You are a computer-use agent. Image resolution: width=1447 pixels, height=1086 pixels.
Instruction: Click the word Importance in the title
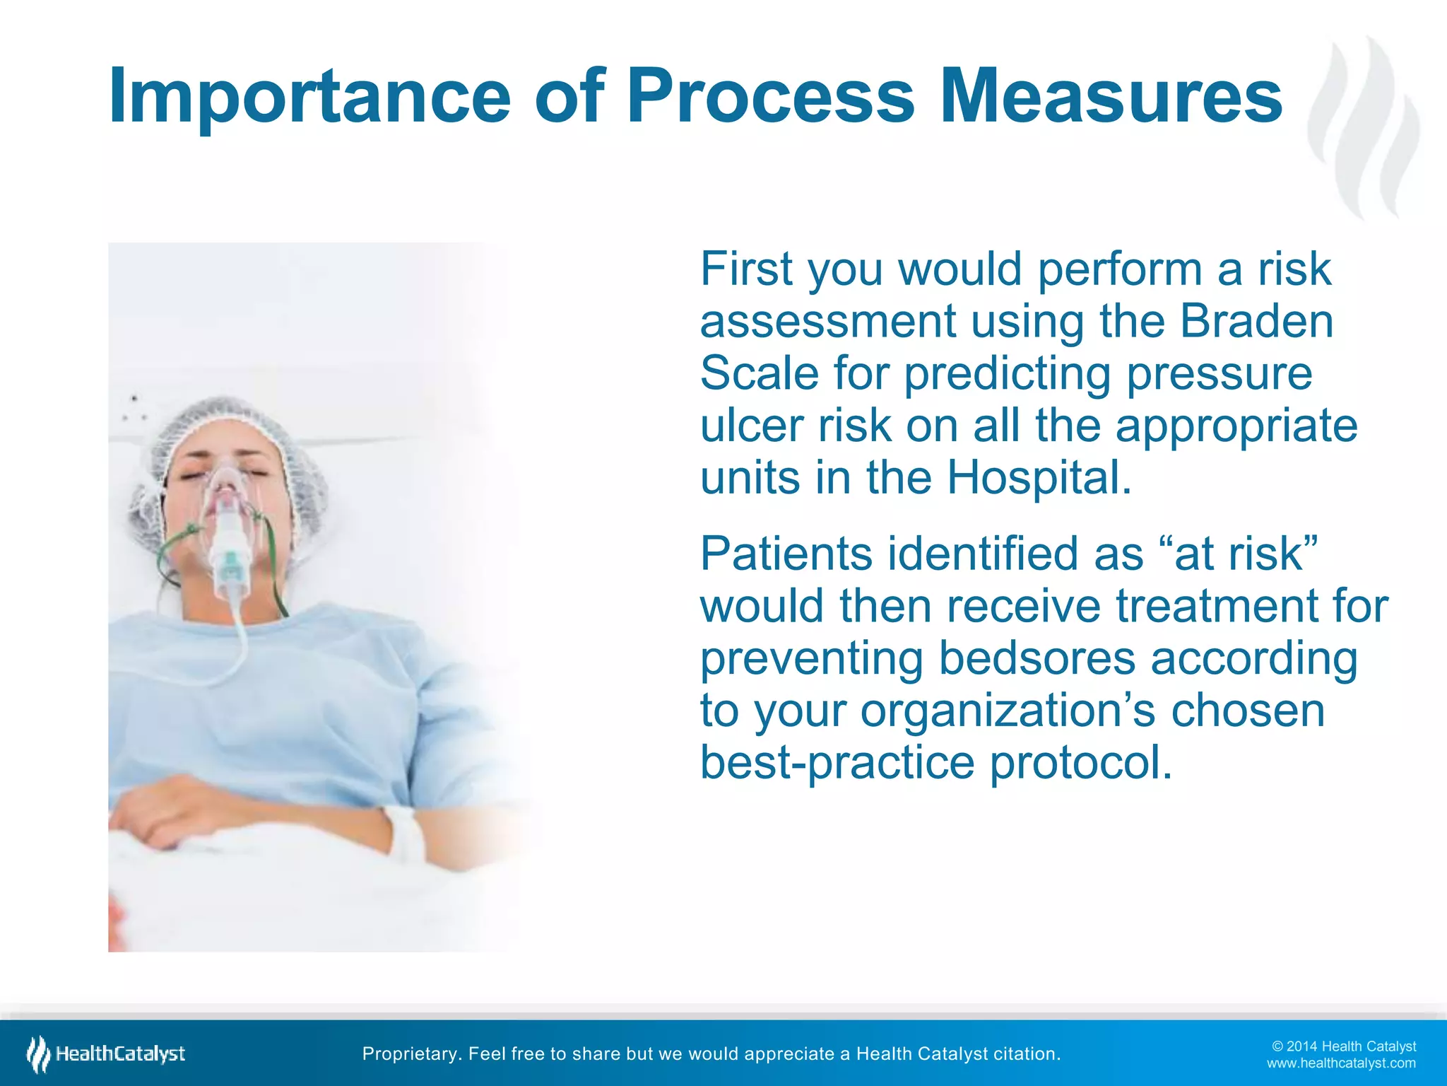click(x=309, y=97)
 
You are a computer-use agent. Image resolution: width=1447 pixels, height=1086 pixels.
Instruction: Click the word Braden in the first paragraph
click(x=1256, y=322)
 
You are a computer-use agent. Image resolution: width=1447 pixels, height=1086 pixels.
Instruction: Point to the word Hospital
click(x=1039, y=479)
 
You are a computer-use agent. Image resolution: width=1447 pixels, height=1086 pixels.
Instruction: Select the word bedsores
click(x=1036, y=659)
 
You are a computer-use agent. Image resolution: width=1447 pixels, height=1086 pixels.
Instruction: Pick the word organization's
click(x=1008, y=711)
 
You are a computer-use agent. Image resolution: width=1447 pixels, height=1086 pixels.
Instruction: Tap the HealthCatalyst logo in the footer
click(x=106, y=1054)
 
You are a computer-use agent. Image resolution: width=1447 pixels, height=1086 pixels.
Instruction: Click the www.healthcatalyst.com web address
click(x=1340, y=1063)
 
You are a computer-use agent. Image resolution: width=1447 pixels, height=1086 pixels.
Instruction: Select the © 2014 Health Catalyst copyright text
click(x=1343, y=1046)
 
